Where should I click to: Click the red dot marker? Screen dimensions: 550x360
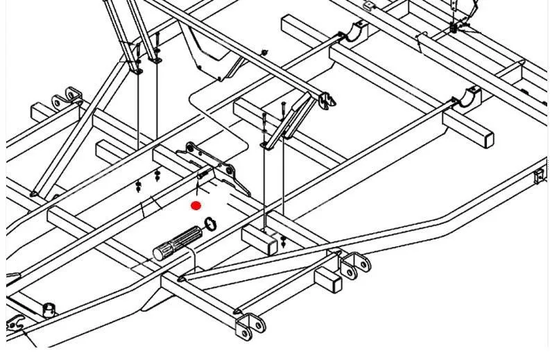pos(196,205)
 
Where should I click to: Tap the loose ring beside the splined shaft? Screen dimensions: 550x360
pos(211,223)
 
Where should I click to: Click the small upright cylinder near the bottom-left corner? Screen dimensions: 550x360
pos(49,309)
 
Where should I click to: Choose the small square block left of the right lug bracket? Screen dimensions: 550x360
pos(328,279)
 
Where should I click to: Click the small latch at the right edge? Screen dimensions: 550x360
pos(540,177)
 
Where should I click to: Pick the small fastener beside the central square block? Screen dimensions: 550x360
pos(284,241)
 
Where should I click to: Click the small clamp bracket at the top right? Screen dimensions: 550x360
pos(455,28)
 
